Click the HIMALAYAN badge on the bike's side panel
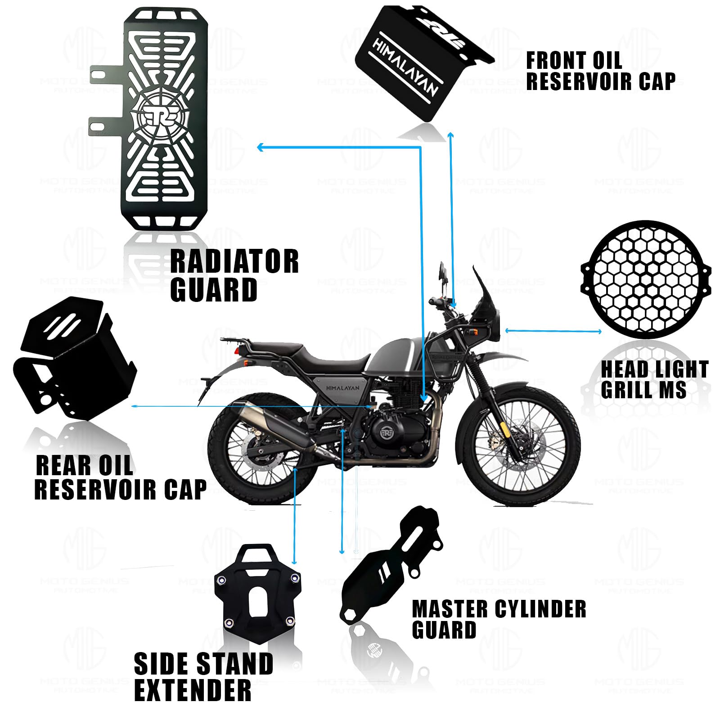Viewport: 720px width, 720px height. click(342, 387)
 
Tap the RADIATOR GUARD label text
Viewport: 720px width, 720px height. click(234, 275)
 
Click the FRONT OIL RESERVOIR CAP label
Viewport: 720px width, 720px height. click(600, 71)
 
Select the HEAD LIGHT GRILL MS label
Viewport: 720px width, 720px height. click(655, 379)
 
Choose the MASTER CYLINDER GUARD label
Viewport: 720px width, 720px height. click(499, 619)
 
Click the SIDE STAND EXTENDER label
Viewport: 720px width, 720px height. click(203, 676)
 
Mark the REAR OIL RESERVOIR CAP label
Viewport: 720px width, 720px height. click(120, 477)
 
